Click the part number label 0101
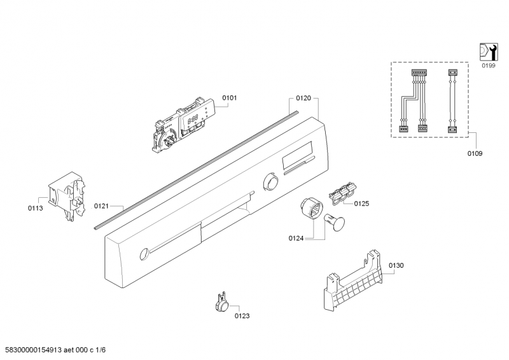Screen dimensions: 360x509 coord(229,98)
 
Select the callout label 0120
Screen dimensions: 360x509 coord(303,99)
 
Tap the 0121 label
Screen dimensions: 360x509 coord(102,206)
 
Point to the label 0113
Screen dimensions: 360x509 coord(36,208)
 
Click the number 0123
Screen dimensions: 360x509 coord(242,315)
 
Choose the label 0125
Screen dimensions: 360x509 coord(361,204)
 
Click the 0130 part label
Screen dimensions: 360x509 coord(396,265)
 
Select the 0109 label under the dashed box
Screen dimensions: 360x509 coord(474,153)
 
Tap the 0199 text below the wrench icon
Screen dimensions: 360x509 coord(488,66)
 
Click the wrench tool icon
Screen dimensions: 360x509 coord(487,52)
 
